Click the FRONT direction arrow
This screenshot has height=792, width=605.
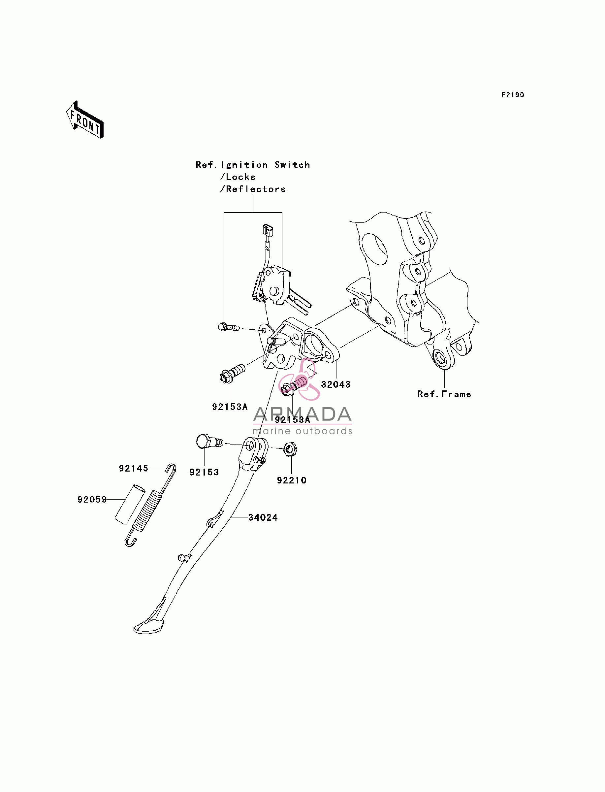(85, 120)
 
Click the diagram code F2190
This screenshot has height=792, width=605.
(513, 95)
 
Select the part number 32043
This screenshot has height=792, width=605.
(335, 385)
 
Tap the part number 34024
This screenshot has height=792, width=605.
(263, 517)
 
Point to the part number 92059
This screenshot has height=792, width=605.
(92, 500)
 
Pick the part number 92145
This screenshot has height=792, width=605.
(134, 468)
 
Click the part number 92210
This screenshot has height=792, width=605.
(292, 480)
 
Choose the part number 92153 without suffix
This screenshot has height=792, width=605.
(204, 472)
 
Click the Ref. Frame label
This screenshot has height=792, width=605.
(444, 394)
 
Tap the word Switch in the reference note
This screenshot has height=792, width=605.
(292, 165)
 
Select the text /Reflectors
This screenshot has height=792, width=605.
(253, 189)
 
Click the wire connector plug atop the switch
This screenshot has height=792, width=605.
(268, 230)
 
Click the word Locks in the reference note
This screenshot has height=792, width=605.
(240, 177)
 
